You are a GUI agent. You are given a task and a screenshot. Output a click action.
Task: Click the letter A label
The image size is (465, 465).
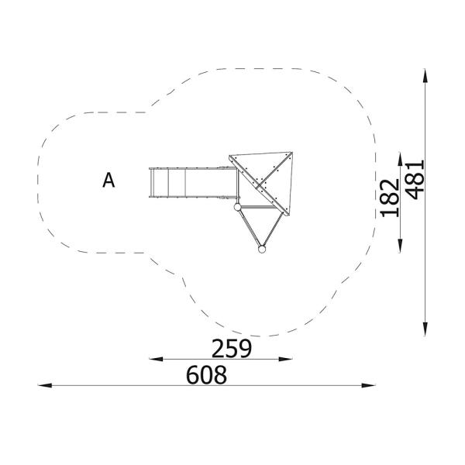click(x=108, y=181)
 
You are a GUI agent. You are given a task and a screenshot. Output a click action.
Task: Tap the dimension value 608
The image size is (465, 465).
click(x=207, y=375)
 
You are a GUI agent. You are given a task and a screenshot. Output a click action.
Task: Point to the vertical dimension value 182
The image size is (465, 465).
click(x=391, y=196)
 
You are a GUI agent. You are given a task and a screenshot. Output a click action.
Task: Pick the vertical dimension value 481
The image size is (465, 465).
click(x=415, y=179)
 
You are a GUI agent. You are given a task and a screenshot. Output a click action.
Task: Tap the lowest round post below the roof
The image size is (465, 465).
click(x=262, y=249)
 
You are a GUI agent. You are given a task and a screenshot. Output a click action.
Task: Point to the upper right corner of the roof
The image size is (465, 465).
click(x=292, y=153)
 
